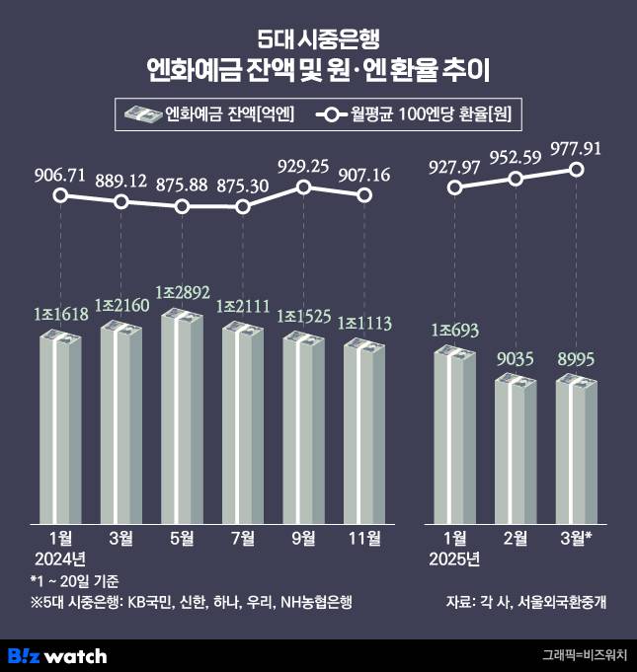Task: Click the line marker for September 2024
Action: [304, 187]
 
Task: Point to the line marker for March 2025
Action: [578, 170]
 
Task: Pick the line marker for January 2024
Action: [61, 195]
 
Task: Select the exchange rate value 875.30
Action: [243, 185]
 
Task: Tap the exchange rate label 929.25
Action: [304, 165]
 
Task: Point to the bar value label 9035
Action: [517, 361]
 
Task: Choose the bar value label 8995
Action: [577, 361]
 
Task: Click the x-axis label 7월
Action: [243, 538]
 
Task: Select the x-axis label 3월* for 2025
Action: [576, 538]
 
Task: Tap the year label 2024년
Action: [61, 560]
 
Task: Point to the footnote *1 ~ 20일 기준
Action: [74, 580]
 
